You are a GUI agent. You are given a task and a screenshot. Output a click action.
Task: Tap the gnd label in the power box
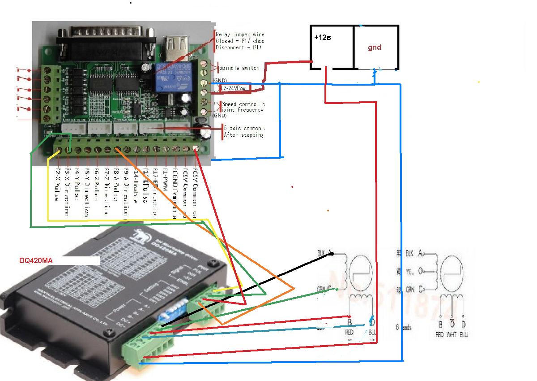click(375, 48)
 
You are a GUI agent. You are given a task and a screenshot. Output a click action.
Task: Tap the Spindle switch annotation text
click(239, 68)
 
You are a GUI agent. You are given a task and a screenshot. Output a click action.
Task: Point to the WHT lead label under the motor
click(452, 334)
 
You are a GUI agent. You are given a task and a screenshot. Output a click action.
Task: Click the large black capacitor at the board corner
click(206, 132)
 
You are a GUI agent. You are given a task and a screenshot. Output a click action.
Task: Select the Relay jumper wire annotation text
click(240, 35)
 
